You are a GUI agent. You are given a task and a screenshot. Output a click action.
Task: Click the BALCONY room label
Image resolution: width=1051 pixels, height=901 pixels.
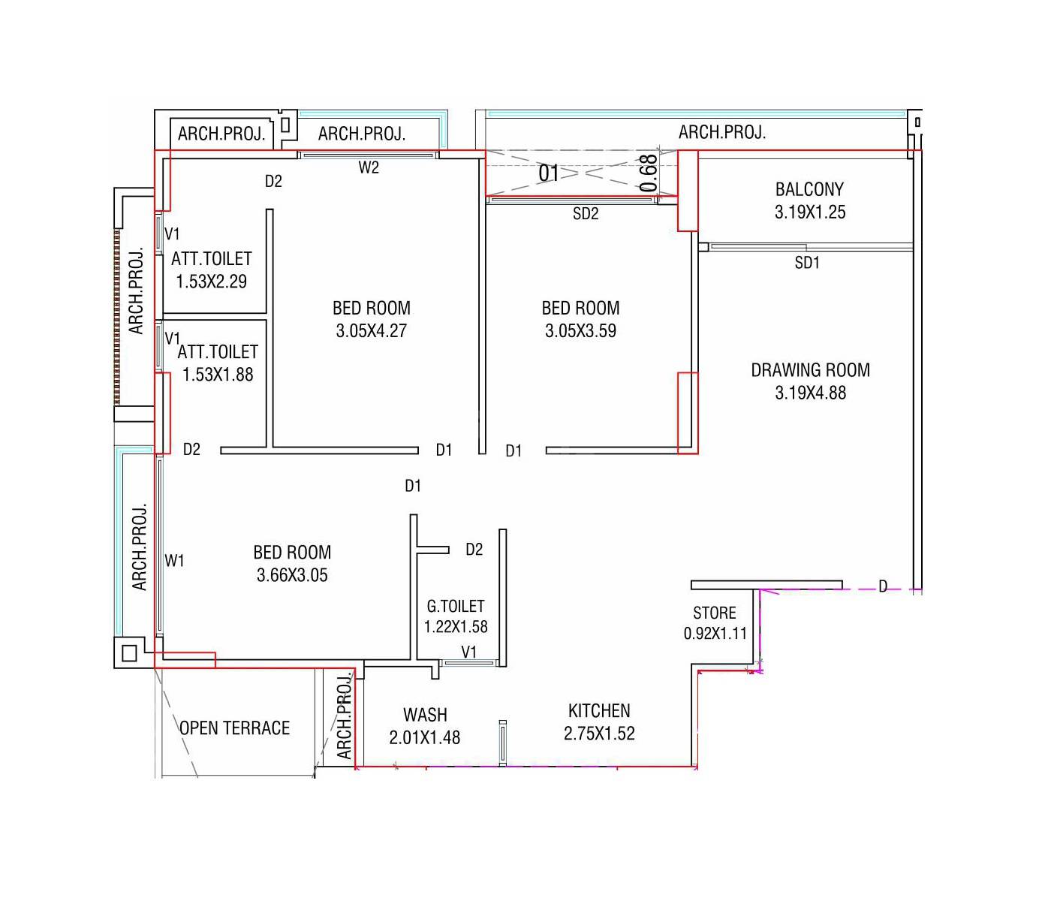(809, 189)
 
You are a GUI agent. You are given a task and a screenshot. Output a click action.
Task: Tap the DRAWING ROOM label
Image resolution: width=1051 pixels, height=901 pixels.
(810, 370)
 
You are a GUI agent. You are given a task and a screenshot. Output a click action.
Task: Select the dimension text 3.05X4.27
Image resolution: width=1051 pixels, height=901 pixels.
(371, 331)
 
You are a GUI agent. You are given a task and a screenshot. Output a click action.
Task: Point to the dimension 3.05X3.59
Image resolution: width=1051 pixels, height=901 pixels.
(580, 331)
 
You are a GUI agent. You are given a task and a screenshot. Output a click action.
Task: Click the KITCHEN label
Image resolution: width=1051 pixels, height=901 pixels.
(599, 710)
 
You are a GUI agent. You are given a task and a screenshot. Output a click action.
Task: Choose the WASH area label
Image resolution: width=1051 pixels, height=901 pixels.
(425, 715)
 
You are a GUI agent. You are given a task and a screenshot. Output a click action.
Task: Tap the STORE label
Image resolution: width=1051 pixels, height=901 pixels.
(714, 613)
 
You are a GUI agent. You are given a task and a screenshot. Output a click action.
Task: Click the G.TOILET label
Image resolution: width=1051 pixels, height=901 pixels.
(456, 606)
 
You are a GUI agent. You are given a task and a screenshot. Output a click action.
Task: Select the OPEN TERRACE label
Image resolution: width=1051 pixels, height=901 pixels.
(234, 728)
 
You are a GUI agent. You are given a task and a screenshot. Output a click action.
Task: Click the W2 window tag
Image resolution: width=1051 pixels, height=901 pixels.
(369, 168)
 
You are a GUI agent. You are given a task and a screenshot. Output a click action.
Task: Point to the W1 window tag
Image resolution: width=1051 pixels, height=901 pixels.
(174, 561)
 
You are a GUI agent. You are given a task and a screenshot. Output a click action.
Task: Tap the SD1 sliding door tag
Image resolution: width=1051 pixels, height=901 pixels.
(807, 263)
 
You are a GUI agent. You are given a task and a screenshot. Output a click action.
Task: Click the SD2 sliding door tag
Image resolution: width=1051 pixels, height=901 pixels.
(586, 214)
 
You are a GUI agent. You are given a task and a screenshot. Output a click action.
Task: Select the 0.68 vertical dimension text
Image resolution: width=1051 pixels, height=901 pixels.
(649, 173)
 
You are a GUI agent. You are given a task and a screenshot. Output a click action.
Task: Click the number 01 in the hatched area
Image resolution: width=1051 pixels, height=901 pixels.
(549, 174)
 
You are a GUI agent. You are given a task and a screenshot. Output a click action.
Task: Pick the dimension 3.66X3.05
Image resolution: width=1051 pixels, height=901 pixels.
(292, 576)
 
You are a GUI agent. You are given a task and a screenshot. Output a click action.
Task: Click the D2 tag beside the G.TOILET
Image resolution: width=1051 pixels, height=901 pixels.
(474, 550)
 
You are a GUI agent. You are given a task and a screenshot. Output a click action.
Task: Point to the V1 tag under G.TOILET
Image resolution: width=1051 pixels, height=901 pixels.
(468, 652)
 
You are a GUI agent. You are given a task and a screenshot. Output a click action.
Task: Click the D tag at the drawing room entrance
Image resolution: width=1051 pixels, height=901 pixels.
(883, 586)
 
